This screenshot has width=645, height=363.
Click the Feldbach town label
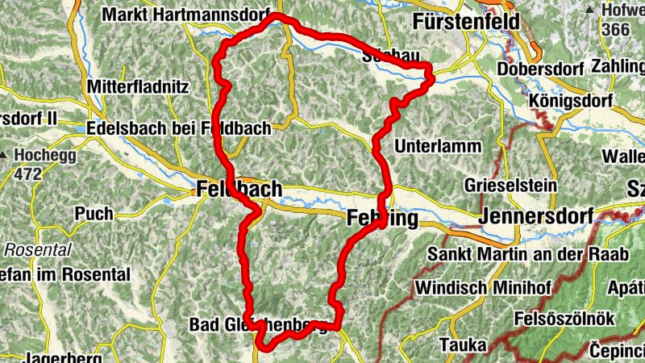coord(239,190)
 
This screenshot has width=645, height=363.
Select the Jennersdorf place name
coord(535,216)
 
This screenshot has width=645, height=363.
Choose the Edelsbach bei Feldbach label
coord(183,128)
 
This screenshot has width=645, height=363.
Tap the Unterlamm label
coord(439,146)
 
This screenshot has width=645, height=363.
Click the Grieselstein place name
coord(510,185)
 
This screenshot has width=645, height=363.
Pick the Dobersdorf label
coord(539,69)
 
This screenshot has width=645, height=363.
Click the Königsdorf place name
coord(572,101)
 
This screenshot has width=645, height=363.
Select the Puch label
coord(94,214)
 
